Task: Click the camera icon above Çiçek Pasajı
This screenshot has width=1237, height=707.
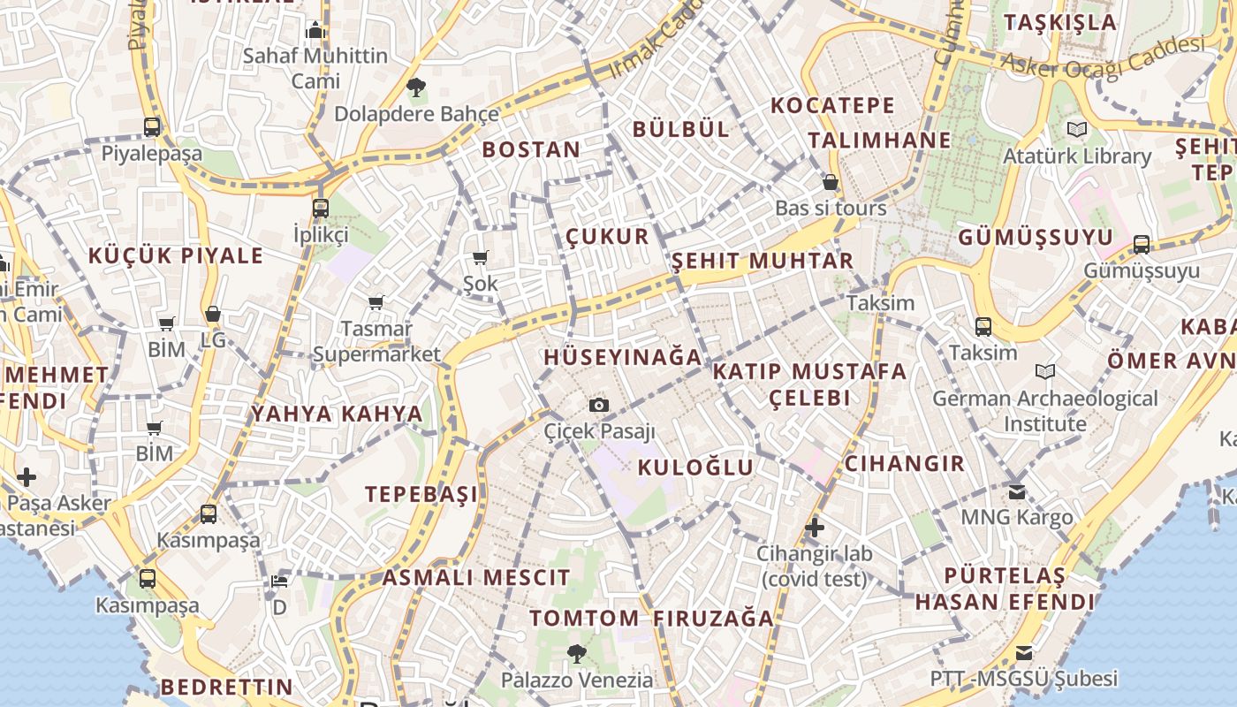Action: click(x=599, y=405)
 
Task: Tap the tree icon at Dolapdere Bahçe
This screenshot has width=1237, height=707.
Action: click(x=416, y=87)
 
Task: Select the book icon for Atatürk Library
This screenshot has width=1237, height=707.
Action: click(x=1076, y=130)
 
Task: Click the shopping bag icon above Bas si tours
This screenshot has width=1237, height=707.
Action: click(x=831, y=183)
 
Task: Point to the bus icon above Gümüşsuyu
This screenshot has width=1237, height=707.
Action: click(x=1142, y=245)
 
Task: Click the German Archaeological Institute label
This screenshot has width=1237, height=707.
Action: click(x=1044, y=411)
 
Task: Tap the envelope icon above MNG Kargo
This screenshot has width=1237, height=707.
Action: click(x=1017, y=491)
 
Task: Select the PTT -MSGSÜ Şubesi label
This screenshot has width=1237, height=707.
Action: click(x=1023, y=679)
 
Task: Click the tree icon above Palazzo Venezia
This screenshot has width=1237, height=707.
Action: click(x=576, y=654)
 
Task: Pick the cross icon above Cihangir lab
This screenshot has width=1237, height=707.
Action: click(x=815, y=528)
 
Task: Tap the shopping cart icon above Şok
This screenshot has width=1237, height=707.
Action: click(x=481, y=258)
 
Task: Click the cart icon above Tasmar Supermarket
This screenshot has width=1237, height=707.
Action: click(x=376, y=303)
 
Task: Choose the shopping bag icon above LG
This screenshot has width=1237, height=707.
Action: click(x=212, y=314)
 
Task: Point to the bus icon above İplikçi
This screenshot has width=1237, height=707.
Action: click(x=321, y=209)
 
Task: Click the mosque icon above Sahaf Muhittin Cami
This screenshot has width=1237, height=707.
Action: click(x=315, y=31)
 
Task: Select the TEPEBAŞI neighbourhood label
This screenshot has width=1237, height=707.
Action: click(x=421, y=494)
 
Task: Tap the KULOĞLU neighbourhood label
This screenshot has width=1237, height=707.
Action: click(x=695, y=468)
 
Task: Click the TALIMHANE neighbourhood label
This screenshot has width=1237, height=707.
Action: click(x=879, y=141)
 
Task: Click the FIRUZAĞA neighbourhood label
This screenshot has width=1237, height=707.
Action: click(x=714, y=619)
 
